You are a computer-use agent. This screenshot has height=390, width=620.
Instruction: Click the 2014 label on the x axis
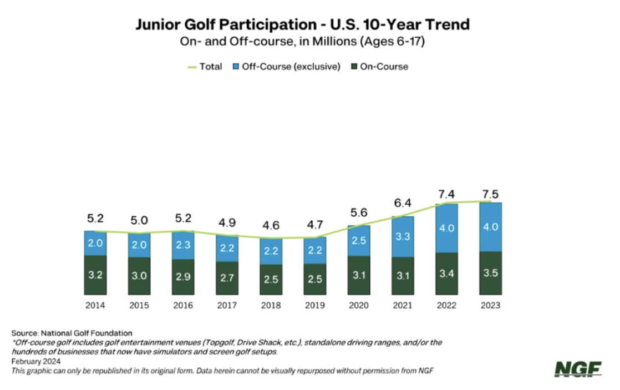click(x=95, y=305)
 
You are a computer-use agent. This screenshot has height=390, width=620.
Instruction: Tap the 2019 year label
click(x=314, y=305)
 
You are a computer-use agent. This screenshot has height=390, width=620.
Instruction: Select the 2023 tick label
click(x=491, y=305)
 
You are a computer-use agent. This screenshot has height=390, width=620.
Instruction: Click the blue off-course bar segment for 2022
click(x=446, y=228)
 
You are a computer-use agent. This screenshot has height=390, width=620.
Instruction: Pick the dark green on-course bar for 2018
click(x=271, y=280)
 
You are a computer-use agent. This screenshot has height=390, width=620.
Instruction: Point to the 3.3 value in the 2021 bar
click(x=403, y=236)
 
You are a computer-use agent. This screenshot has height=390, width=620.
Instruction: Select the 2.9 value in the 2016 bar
click(x=183, y=276)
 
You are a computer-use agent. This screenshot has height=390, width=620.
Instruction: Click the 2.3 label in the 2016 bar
click(x=183, y=244)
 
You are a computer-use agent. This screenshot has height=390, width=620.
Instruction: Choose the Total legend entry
click(x=205, y=67)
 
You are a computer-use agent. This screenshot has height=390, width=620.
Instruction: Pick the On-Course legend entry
click(x=380, y=67)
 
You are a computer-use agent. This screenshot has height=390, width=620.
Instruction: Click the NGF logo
click(x=577, y=369)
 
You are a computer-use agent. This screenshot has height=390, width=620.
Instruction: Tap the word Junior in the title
click(x=157, y=25)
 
